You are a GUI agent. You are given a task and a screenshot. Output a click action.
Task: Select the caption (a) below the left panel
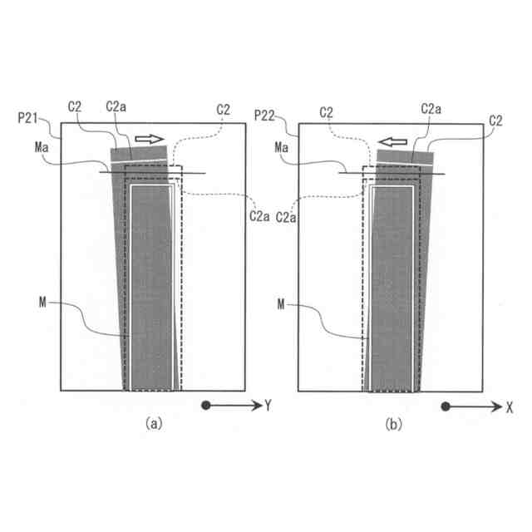(152, 423)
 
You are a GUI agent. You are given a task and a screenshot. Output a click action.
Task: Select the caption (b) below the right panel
(392, 423)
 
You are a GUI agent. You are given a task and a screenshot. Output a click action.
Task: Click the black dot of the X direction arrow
(446, 406)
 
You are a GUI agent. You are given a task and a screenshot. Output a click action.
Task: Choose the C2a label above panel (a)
(116, 108)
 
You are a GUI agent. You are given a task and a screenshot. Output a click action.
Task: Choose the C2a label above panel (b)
(431, 108)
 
